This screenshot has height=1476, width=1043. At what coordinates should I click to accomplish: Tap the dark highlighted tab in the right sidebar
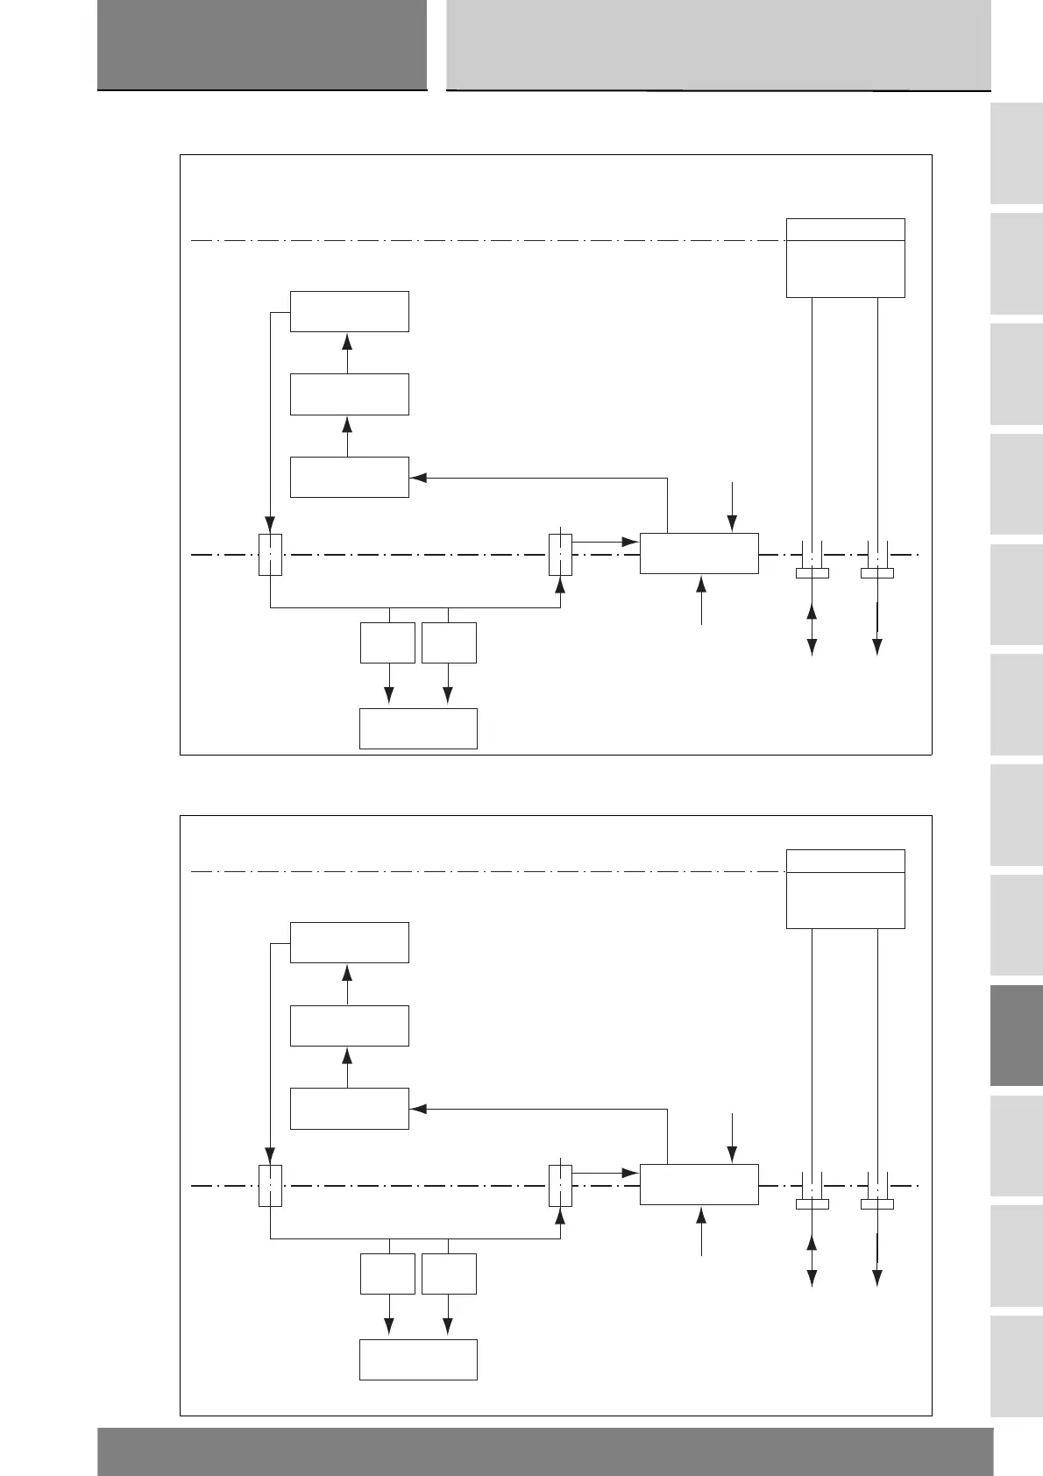point(1017,1035)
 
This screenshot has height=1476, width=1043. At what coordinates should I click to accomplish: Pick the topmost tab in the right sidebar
point(1017,154)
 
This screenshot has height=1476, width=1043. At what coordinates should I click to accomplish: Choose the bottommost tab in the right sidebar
point(1017,1366)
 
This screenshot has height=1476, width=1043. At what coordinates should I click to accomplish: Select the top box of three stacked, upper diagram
point(349,311)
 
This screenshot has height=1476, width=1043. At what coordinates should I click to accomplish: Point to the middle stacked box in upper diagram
point(349,394)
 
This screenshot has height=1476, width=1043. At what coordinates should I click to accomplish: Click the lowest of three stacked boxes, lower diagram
point(349,1108)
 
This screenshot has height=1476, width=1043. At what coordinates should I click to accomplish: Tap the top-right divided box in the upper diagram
point(845,259)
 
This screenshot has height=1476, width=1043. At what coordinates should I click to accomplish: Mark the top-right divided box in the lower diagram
point(845,889)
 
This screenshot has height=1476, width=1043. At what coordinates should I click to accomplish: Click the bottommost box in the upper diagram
point(418,728)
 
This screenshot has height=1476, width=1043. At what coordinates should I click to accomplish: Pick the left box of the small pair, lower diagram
point(387,1274)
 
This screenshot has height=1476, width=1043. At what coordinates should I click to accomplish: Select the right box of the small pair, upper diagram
point(449,642)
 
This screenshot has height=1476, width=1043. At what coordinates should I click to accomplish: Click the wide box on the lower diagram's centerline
point(699,1184)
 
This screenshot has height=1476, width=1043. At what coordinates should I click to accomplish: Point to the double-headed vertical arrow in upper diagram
point(812,628)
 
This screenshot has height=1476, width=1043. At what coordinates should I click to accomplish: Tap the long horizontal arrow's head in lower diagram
point(418,1109)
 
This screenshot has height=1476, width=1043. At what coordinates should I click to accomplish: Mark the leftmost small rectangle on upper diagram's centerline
point(270,555)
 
